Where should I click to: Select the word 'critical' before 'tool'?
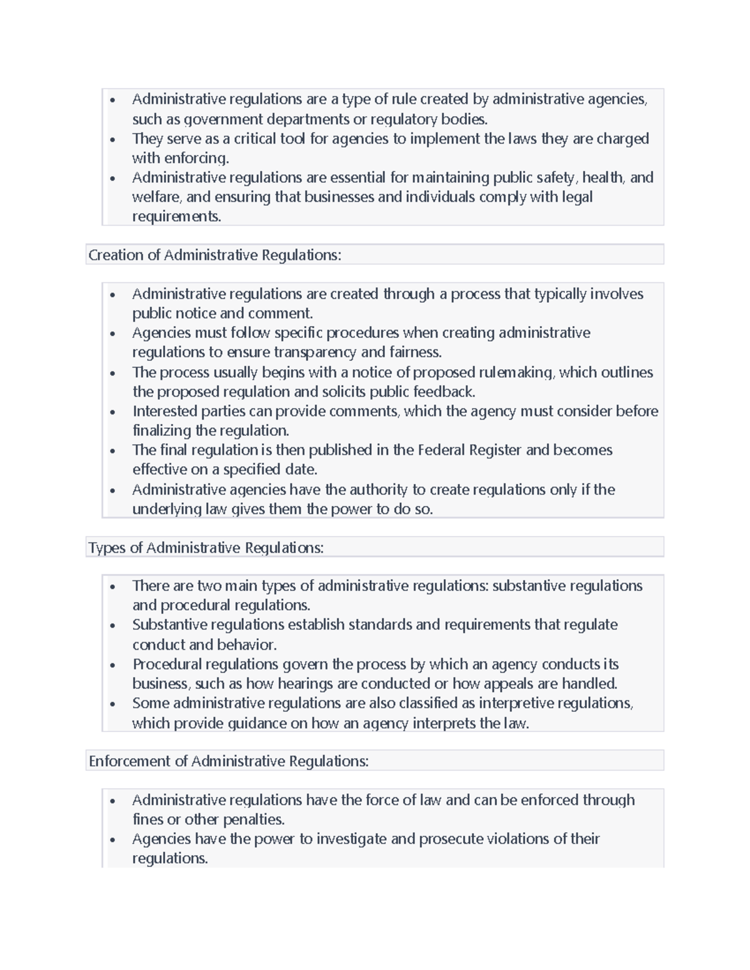pos(256,139)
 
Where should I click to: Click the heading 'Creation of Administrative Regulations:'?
pos(214,255)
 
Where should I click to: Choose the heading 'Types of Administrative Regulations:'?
pos(206,548)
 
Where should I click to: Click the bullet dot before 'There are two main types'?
pos(112,586)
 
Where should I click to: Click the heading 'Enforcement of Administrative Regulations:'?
pos(228,761)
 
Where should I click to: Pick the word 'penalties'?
pos(253,819)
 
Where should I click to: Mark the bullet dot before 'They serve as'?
pos(112,139)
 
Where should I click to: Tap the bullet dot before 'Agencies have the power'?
pos(112,840)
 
